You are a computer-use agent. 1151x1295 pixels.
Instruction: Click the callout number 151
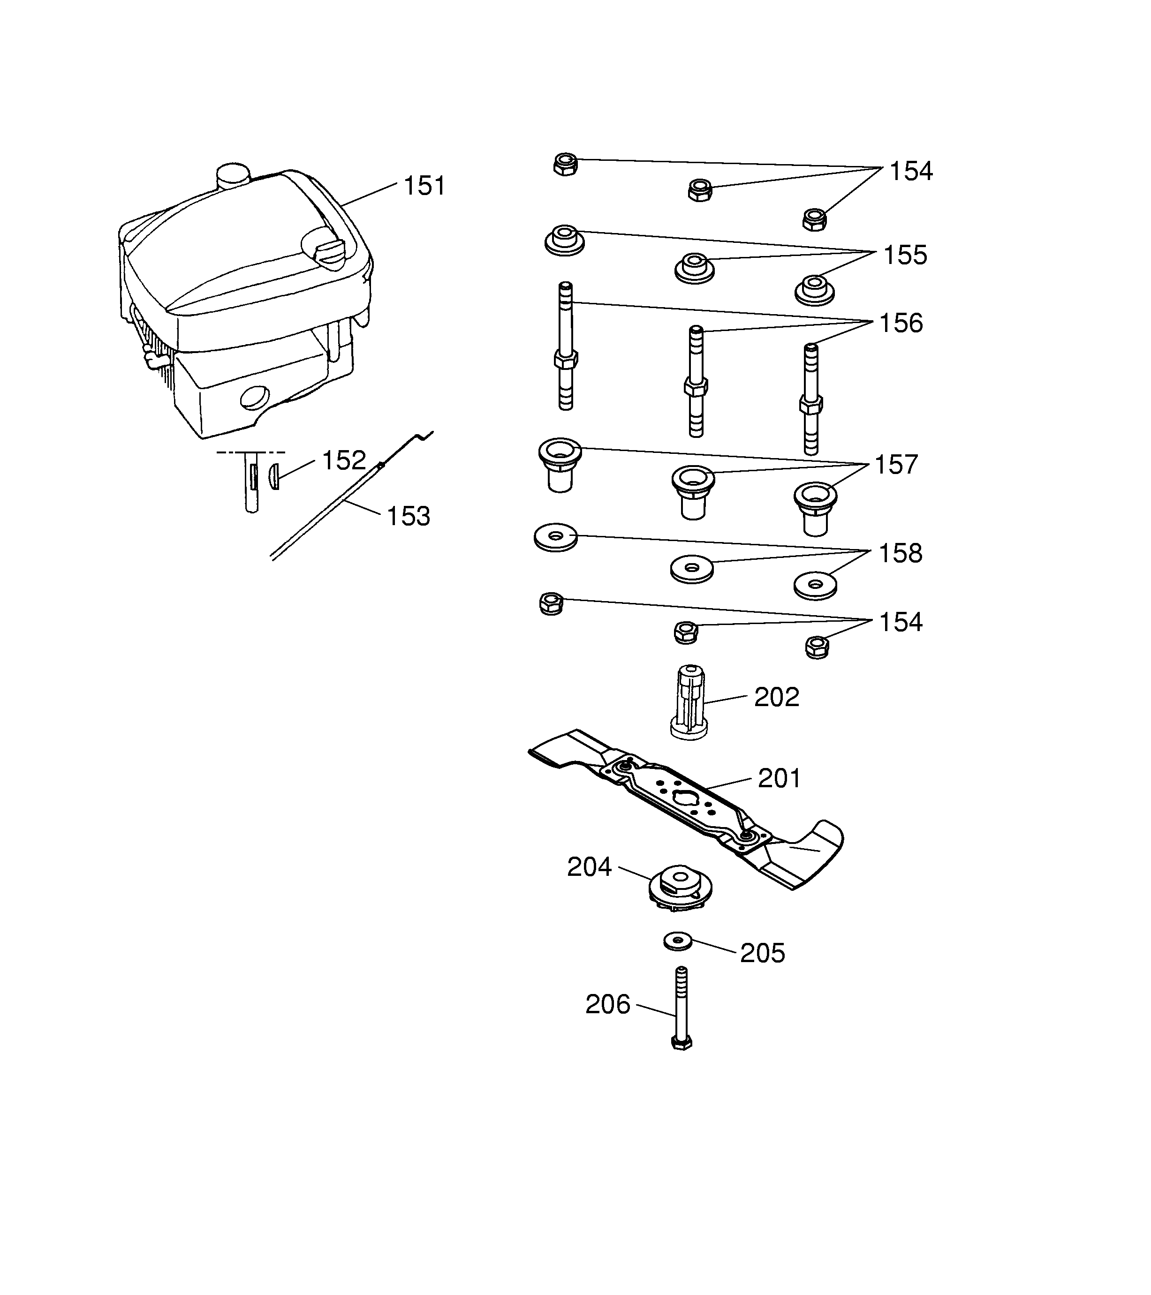[x=424, y=186]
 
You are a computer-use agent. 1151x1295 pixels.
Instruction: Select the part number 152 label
[x=344, y=460]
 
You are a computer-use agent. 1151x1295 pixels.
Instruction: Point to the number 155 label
[x=905, y=256]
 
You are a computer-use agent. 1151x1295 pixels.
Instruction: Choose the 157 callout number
[x=896, y=465]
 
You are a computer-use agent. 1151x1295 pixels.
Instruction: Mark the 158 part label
[x=900, y=554]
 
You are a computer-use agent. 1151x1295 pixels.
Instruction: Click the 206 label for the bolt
[x=607, y=1005]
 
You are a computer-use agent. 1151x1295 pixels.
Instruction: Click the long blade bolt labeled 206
[x=682, y=1008]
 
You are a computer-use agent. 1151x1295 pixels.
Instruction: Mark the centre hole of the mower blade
[x=686, y=799]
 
